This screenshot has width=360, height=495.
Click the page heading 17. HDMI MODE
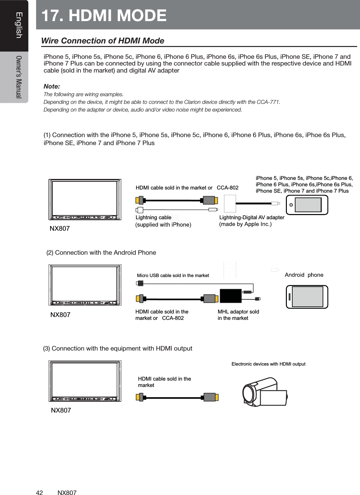104,15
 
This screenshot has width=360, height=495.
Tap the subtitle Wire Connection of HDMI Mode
103,41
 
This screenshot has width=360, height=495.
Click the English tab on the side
19,25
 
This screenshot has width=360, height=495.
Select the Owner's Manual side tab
19,77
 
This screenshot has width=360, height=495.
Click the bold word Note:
51,86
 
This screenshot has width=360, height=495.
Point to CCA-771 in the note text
268,102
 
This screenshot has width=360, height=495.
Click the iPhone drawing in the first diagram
307,205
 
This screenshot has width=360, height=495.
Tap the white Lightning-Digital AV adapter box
230,204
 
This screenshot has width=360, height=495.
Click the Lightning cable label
153,218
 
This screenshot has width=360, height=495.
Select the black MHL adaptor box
230,296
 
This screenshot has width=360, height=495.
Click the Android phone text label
304,275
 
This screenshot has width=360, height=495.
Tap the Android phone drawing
307,297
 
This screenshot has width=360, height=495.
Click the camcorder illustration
264,392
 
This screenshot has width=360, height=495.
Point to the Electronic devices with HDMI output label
268,364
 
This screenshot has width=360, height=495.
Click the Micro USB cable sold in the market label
173,275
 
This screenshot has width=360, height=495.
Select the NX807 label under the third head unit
61,410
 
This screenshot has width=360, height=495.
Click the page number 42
39,493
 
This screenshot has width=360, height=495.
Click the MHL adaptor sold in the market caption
238,315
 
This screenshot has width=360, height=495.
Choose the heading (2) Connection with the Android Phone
101,252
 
